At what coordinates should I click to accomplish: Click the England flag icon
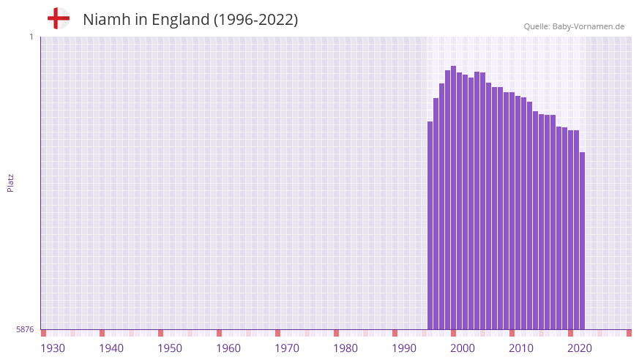[58, 18]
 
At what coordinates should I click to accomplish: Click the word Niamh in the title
[105, 20]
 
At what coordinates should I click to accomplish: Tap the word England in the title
[181, 20]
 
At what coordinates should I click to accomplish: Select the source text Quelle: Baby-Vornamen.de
[574, 26]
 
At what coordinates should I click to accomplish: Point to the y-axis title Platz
[10, 182]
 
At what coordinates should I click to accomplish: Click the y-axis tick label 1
[31, 37]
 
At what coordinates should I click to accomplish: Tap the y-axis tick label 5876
[25, 330]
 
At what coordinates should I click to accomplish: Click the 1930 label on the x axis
[53, 348]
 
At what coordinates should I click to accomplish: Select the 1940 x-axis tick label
[111, 348]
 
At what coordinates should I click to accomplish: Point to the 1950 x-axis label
[170, 348]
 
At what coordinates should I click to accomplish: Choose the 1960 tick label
[228, 348]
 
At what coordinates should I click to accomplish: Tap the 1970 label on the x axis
[287, 348]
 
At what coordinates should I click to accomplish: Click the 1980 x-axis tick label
[345, 348]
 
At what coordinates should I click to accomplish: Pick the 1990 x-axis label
[404, 348]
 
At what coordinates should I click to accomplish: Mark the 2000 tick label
[463, 348]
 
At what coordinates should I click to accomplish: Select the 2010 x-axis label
[521, 348]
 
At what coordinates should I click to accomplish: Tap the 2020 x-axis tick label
[580, 348]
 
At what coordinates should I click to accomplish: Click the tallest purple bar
[453, 198]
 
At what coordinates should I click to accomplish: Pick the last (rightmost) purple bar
[582, 241]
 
